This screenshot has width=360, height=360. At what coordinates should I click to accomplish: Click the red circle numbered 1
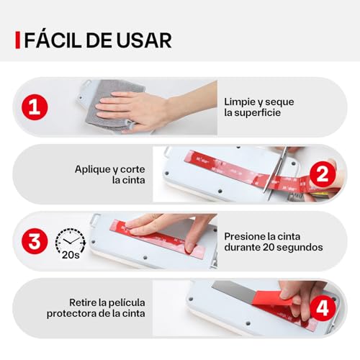coord(35,107)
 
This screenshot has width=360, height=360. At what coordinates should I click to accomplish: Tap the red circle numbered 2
coord(323,174)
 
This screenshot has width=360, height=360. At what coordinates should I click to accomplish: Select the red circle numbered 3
coord(35,241)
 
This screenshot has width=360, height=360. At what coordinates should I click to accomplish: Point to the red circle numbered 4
coord(323,308)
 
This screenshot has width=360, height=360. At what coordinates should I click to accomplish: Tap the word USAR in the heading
coord(144,40)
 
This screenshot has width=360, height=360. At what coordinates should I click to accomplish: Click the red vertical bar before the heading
coord(17,40)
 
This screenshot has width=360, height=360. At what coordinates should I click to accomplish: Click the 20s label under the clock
coord(71,255)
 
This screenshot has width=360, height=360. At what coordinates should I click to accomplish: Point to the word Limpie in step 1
coord(240,102)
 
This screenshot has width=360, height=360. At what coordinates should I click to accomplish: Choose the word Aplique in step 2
coord(92,170)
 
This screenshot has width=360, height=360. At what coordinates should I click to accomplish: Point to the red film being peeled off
coord(274,297)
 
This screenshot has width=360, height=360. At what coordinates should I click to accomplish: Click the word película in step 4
coord(127,303)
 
